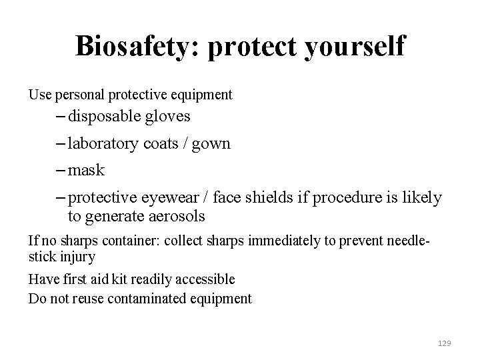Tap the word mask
pos(86,170)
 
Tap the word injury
pos(77,256)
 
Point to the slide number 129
pos(445,343)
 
